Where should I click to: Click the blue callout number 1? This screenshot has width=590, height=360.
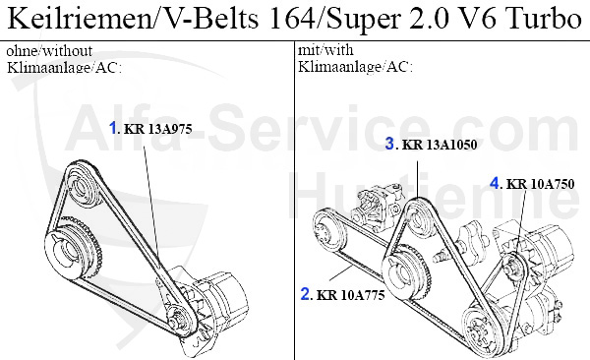(x=113, y=128)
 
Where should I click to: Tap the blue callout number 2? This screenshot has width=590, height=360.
(x=305, y=294)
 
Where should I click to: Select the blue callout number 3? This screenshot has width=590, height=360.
(x=389, y=144)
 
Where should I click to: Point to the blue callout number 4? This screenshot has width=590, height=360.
(x=495, y=183)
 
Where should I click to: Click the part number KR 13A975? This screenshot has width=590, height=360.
(x=158, y=129)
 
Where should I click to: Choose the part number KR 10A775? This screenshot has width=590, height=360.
(x=351, y=295)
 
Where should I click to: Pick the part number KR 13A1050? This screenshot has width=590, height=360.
(x=440, y=145)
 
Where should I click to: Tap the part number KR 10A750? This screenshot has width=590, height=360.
(x=540, y=184)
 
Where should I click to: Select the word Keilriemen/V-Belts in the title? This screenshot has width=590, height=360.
(x=133, y=18)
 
